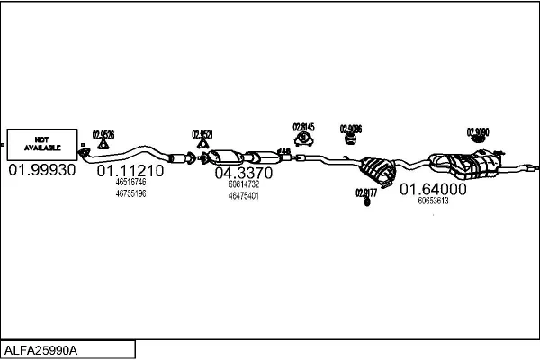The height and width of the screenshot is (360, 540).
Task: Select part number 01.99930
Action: click(42, 170)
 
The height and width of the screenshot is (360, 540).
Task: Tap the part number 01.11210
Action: click(130, 170)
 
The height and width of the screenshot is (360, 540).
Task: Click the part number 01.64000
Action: click(433, 189)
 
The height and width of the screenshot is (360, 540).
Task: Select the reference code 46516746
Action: click(130, 182)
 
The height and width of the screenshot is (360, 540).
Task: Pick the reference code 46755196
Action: click(130, 193)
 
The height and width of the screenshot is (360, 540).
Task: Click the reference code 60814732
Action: click(243, 184)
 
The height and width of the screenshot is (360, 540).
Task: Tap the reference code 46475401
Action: click(243, 195)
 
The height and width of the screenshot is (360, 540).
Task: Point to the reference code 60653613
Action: click(433, 201)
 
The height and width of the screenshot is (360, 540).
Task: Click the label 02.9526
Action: click(103, 135)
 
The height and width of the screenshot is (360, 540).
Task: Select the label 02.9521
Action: click(202, 135)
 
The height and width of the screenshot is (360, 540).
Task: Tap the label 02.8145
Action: click(303, 127)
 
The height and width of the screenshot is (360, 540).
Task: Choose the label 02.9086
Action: click(350, 129)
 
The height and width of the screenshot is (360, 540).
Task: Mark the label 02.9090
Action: click(478, 132)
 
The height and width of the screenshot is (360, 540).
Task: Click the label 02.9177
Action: click(366, 192)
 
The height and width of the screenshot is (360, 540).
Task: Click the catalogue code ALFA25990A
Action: click(42, 349)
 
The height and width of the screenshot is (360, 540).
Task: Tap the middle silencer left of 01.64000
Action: click(378, 168)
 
